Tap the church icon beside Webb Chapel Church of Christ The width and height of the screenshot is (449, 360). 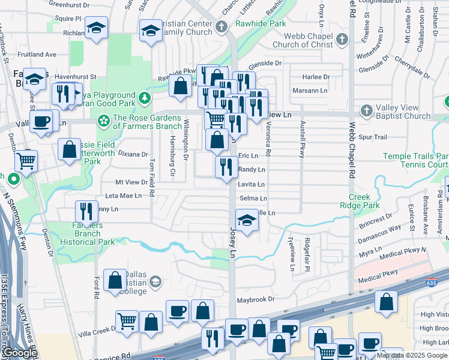[342, 40]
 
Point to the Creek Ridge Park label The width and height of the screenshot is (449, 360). [364, 201]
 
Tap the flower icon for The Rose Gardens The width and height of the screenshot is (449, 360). [104, 122]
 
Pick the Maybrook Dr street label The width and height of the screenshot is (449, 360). [255, 299]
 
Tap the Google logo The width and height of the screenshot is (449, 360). [20, 353]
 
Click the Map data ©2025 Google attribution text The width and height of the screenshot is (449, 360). [412, 355]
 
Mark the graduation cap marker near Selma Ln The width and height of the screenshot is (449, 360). [246, 220]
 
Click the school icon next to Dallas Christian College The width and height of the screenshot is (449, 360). [155, 281]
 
